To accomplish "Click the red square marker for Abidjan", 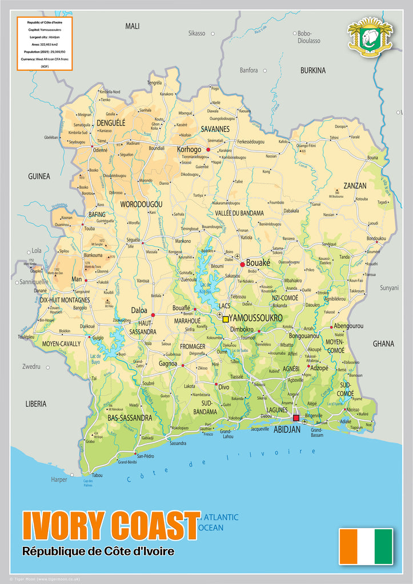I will (x=296, y=418).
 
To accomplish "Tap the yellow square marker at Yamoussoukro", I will (x=226, y=319).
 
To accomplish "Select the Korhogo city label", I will (x=189, y=149).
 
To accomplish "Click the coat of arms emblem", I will (x=370, y=36).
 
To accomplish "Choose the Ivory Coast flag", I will (x=366, y=546).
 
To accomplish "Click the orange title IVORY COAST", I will (x=111, y=526).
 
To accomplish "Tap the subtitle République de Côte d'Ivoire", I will (x=98, y=551).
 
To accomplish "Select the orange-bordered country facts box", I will (x=45, y=43).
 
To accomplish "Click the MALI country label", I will (x=133, y=26).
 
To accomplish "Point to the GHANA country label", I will (x=383, y=343).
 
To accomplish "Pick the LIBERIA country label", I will (x=35, y=403).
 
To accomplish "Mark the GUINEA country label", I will (x=39, y=176).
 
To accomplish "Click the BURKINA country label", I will (x=313, y=70).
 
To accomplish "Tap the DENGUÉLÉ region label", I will (x=111, y=122).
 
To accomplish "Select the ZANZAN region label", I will (x=355, y=185).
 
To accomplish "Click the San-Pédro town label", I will (x=145, y=456).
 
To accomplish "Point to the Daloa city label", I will (x=139, y=311).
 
